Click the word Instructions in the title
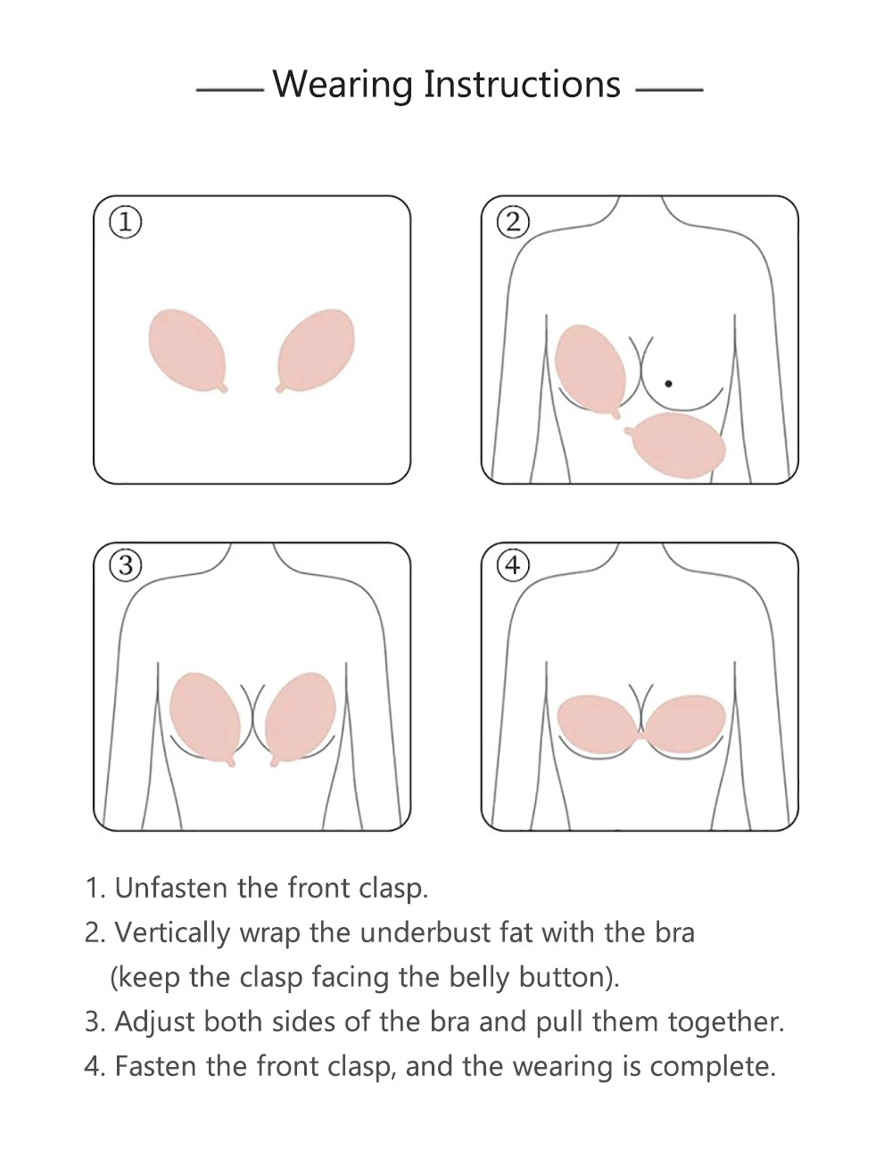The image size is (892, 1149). [522, 84]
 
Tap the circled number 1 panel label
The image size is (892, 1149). [126, 223]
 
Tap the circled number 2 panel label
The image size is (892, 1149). [513, 223]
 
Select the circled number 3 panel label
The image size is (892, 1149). [126, 566]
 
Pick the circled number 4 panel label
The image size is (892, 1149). [513, 566]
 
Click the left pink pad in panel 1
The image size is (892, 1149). [188, 350]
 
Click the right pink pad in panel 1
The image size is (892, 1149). [315, 350]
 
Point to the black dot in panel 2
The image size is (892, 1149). [668, 383]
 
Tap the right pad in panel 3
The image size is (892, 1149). [300, 718]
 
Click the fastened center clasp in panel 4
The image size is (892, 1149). [641, 736]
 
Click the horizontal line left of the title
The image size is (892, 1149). [229, 90]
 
